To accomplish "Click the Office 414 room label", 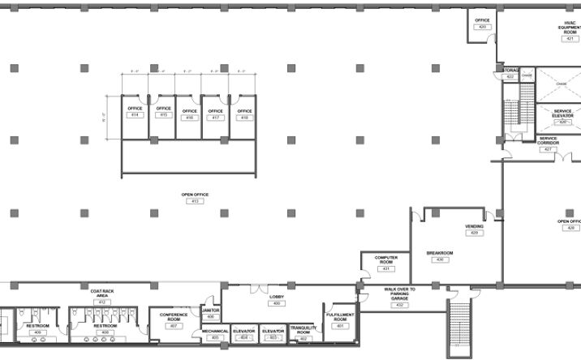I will (x=135, y=109).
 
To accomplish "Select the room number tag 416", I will (x=190, y=118).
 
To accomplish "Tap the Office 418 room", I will (x=244, y=114).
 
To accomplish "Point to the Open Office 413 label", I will (x=195, y=195).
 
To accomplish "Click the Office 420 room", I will (x=482, y=24).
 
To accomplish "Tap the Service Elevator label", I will (x=563, y=114).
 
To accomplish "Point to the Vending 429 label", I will (x=474, y=227).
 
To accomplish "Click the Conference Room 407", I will (x=174, y=319).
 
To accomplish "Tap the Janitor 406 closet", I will (x=210, y=312).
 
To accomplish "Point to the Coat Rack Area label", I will (x=102, y=293).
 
